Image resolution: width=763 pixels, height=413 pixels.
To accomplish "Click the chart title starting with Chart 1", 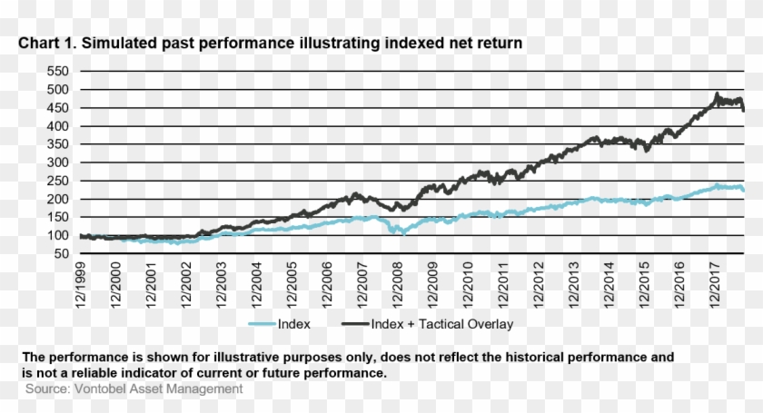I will (271, 44).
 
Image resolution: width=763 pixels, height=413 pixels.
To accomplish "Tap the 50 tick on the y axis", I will (60, 254).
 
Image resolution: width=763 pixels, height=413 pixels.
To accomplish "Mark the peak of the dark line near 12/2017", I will (717, 93).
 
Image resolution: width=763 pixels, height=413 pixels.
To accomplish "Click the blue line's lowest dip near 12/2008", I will (401, 233).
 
